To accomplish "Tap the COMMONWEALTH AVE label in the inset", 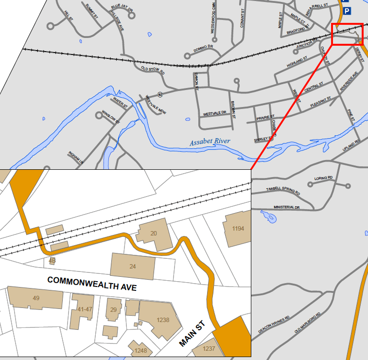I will pos(92,283).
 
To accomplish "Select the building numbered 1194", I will pos(238,229).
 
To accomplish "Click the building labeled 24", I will pos(133,266).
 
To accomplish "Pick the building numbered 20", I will pos(153,234).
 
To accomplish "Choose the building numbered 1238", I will pos(163,320).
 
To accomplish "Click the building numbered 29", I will pos(114,310).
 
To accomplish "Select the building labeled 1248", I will pos(141,350).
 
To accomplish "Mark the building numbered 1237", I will pos(209,349).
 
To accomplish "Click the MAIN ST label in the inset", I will pos(193,334).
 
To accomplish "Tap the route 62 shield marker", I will pos(159,94).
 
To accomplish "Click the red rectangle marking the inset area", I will pos(347,34).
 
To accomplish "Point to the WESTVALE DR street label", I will pos(215,113).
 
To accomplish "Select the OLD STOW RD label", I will pos(153,70).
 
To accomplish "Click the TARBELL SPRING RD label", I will pos(283,191).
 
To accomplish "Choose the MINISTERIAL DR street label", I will pos(287,207).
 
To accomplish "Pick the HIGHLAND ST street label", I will pos(298,62).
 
